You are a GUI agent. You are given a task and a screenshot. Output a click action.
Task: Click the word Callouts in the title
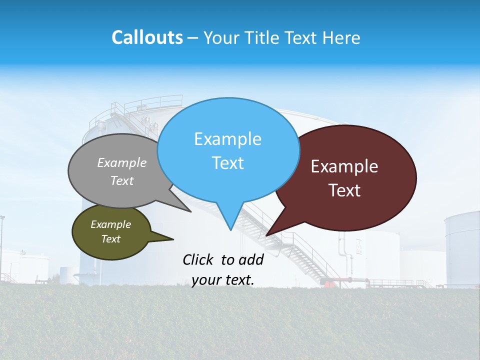[x=147, y=37]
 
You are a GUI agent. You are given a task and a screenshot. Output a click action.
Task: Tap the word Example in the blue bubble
[x=227, y=139]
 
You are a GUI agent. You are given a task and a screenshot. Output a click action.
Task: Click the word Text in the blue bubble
[x=227, y=163]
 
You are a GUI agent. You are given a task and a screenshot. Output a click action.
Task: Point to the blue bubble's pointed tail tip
[x=230, y=230]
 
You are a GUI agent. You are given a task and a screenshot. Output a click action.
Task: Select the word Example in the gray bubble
[x=122, y=163]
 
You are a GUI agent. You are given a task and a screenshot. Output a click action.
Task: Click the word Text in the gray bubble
[x=122, y=181]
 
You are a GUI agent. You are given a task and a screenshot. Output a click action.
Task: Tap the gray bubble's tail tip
[x=190, y=211]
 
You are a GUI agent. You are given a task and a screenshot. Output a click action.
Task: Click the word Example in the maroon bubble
[x=344, y=166]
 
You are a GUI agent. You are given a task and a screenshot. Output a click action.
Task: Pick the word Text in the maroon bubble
[x=344, y=190]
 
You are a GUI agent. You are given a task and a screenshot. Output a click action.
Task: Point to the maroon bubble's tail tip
[x=266, y=235]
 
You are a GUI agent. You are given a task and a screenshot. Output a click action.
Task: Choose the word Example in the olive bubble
[x=110, y=224]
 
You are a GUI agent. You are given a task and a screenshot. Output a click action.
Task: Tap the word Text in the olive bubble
[x=110, y=239]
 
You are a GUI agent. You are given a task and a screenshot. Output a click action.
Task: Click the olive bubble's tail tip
[x=173, y=238]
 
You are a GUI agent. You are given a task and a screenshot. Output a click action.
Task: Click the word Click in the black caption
[x=198, y=259]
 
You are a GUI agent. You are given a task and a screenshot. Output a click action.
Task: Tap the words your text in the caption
[x=223, y=280]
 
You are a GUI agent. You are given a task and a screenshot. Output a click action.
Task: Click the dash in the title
[x=193, y=38]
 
